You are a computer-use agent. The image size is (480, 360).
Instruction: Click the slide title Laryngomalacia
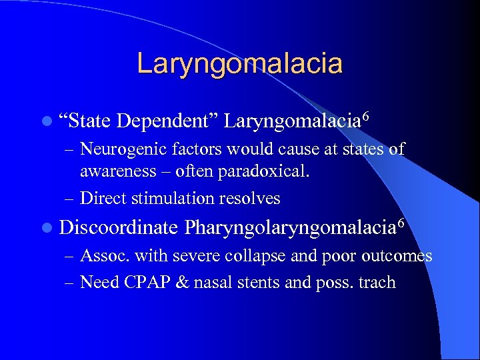pyautogui.click(x=239, y=64)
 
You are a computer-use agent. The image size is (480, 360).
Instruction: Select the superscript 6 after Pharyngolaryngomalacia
pyautogui.click(x=399, y=221)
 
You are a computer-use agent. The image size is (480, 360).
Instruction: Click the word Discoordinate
pyautogui.click(x=118, y=227)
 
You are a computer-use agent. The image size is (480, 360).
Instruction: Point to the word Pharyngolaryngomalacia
pyautogui.click(x=289, y=227)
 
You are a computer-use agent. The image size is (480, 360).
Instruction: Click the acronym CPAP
pyautogui.click(x=146, y=283)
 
